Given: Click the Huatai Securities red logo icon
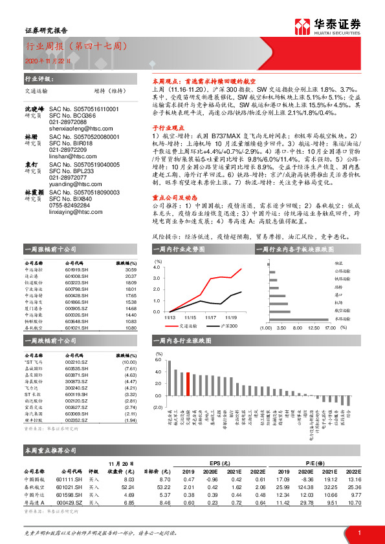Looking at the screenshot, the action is pos(303,26).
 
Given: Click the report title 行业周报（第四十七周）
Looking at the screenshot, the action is pos(76,47).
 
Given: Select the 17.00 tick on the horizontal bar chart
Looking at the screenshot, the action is pos(331,328).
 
